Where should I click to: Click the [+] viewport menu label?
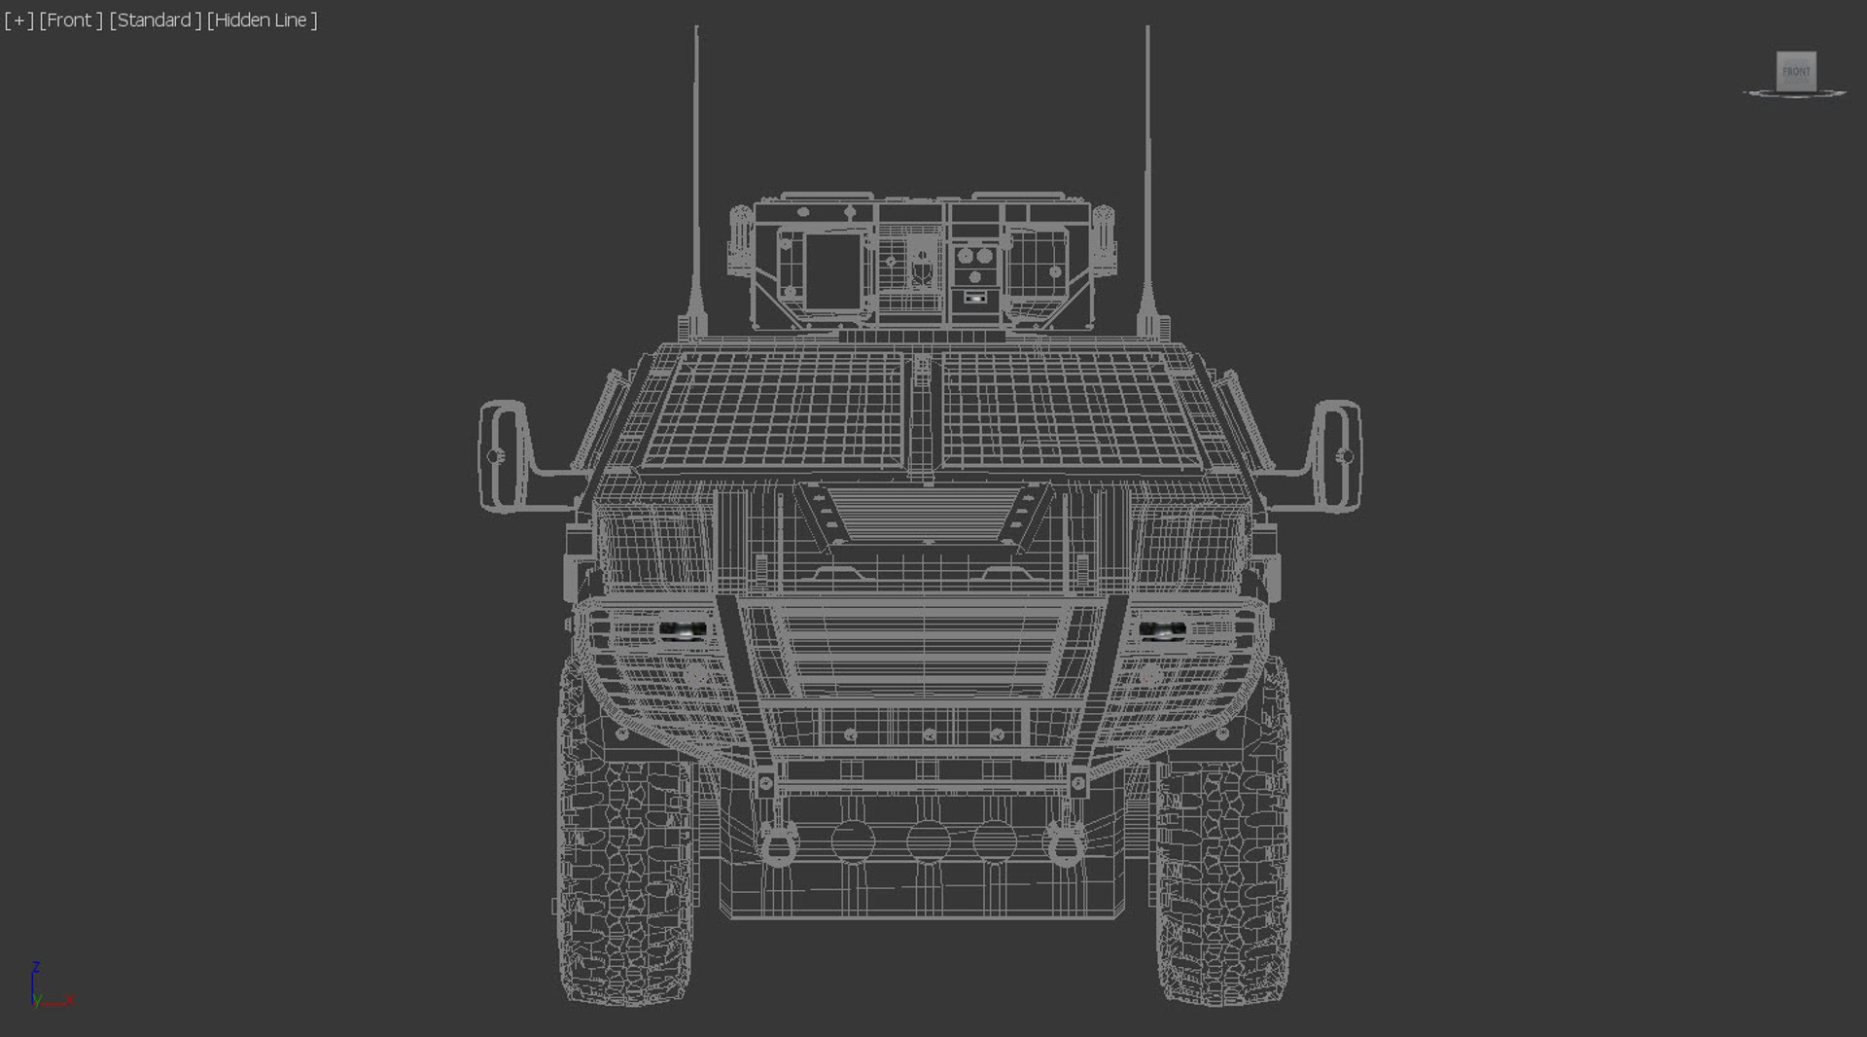pos(18,20)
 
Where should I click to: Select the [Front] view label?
pos(71,20)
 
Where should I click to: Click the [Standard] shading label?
pos(156,20)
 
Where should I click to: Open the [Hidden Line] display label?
pos(263,20)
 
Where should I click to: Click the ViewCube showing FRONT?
pos(1795,72)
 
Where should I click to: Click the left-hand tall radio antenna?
pos(696,175)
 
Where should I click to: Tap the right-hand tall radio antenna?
pos(1147,175)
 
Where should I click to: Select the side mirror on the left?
pos(505,455)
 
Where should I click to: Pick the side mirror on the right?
pos(1336,455)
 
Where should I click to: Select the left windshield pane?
pos(773,409)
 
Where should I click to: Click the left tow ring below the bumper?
pos(777,842)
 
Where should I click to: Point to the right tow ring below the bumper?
pos(1066,842)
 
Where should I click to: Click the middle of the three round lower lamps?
pos(927,840)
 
